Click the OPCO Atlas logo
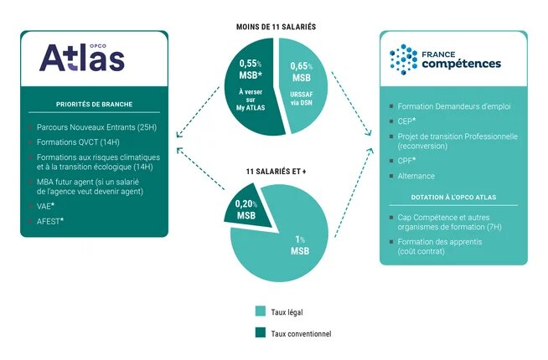pyautogui.click(x=82, y=58)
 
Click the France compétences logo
pyautogui.click(x=445, y=59)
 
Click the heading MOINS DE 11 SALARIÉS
pyautogui.click(x=277, y=27)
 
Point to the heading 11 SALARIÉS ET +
pyautogui.click(x=277, y=172)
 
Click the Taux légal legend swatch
pyautogui.click(x=261, y=311)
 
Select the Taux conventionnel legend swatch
pyautogui.click(x=261, y=332)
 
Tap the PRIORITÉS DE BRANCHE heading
pyautogui.click(x=95, y=104)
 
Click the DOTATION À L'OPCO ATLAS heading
pyautogui.click(x=453, y=198)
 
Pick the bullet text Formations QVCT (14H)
pyautogui.click(x=78, y=142)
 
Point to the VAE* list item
pyautogui.click(x=45, y=206)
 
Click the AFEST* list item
pyautogui.click(x=50, y=221)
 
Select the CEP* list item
pyautogui.click(x=406, y=121)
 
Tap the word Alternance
pyautogui.click(x=416, y=176)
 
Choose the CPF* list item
pyautogui.click(x=406, y=161)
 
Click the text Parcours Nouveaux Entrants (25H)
pyautogui.click(x=97, y=127)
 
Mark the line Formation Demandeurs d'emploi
pyautogui.click(x=454, y=106)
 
